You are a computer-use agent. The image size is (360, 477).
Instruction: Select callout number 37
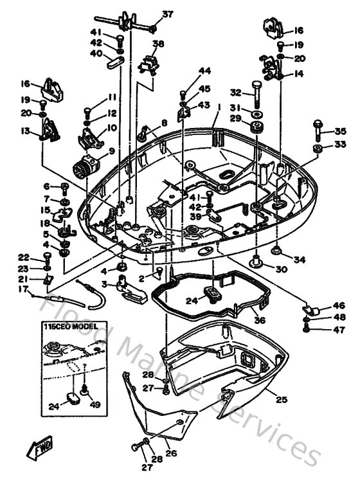(x=167, y=14)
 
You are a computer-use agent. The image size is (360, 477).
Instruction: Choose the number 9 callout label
(x=111, y=152)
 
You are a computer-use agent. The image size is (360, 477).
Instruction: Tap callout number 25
(x=281, y=399)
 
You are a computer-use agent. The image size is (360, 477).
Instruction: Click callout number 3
(x=104, y=283)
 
